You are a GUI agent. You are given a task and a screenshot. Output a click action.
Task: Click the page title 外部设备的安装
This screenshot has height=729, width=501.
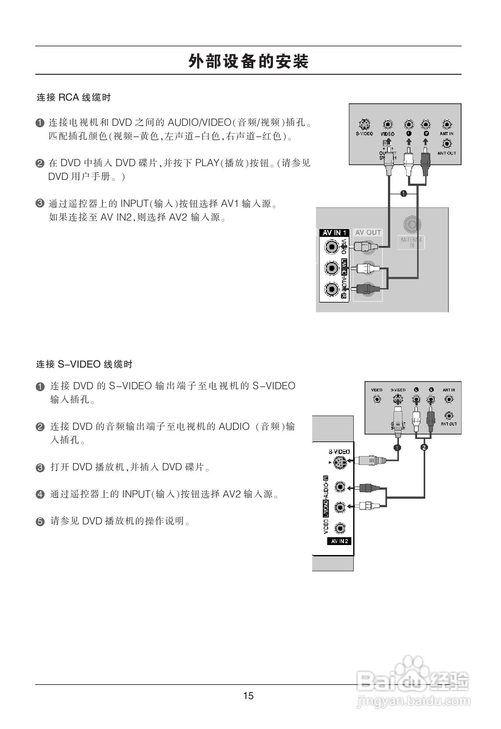(248, 61)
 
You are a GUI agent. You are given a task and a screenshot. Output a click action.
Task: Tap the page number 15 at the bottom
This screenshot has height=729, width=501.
(248, 696)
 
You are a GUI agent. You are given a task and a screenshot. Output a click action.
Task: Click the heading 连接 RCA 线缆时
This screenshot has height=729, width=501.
(74, 98)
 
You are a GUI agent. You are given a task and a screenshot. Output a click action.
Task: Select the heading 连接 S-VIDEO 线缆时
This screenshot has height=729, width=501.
(84, 364)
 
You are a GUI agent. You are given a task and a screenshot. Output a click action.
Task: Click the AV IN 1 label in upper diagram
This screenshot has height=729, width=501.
(334, 233)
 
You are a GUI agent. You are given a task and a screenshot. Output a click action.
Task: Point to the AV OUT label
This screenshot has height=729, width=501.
(368, 232)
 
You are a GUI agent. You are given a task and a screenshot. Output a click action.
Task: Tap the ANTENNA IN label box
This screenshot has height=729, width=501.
(411, 242)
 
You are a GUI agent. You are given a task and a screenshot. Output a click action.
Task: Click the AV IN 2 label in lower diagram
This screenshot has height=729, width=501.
(339, 541)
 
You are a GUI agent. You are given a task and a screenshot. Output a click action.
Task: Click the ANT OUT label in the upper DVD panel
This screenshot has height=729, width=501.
(447, 153)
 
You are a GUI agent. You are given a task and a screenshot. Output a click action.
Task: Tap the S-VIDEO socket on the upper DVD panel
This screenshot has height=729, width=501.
(364, 125)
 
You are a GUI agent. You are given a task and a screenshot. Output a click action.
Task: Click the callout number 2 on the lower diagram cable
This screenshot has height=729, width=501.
(424, 447)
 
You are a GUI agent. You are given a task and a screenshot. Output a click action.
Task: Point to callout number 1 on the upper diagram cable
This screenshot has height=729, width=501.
(404, 194)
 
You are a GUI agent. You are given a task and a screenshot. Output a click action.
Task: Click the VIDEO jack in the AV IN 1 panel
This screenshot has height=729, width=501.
(332, 247)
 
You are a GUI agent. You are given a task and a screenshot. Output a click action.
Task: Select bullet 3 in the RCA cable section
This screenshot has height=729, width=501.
(40, 204)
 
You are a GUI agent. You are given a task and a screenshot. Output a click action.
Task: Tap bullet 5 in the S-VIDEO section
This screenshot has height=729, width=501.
(40, 521)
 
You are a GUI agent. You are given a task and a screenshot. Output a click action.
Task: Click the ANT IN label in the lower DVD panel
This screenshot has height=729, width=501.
(449, 390)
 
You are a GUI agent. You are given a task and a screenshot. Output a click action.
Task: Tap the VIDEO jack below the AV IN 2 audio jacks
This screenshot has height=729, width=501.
(340, 528)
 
